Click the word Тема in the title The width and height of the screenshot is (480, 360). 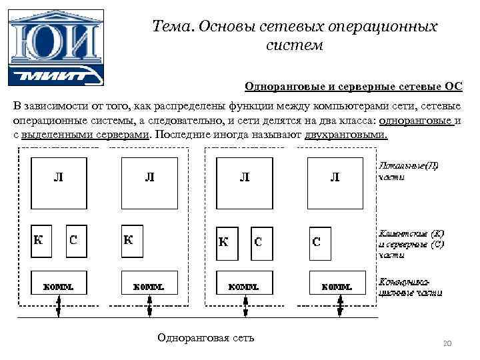point(170,27)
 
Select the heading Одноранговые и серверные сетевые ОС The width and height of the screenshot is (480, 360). point(353,87)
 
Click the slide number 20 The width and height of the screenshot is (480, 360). point(447,343)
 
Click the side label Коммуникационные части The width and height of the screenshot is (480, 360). point(409,287)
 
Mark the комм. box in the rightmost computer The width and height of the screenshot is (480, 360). point(337,286)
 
